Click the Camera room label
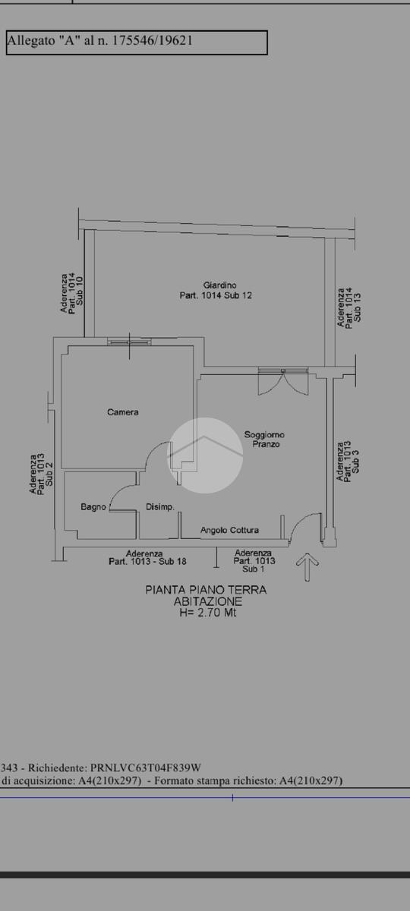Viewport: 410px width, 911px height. [123, 412]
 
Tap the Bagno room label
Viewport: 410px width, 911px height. [93, 507]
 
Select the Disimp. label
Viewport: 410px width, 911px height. [160, 507]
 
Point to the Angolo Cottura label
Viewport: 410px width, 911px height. [229, 530]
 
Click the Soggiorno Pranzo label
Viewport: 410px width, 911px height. [264, 440]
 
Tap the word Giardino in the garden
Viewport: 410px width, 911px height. [219, 285]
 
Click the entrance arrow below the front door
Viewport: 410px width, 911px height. [307, 567]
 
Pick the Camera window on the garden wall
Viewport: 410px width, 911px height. [129, 342]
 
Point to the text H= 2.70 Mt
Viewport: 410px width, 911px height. [208, 613]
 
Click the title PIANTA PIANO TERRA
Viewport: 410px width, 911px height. [206, 590]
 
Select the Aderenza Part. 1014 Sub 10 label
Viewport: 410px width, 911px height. [71, 292]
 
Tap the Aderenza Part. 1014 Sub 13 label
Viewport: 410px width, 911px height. [349, 307]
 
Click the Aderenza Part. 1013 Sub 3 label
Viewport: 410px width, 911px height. [348, 462]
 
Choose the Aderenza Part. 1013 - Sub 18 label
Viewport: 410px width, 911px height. [147, 557]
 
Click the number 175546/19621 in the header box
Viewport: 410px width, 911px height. [152, 41]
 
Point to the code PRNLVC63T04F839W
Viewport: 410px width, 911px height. [146, 768]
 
